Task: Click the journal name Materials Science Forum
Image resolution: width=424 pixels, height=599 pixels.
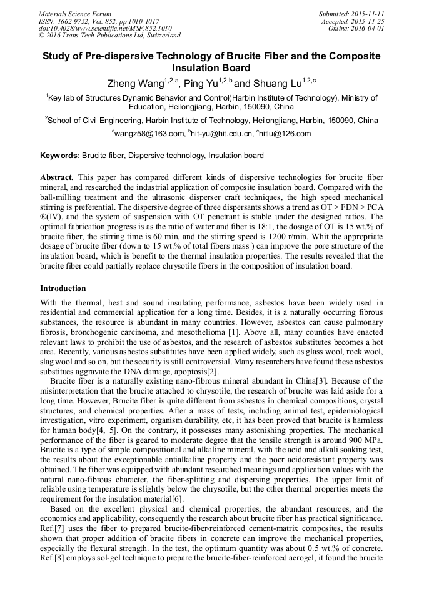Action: click(75, 13)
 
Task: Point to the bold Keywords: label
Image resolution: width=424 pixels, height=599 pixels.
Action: click(60, 156)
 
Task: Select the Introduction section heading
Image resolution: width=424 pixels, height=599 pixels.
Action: click(63, 289)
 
